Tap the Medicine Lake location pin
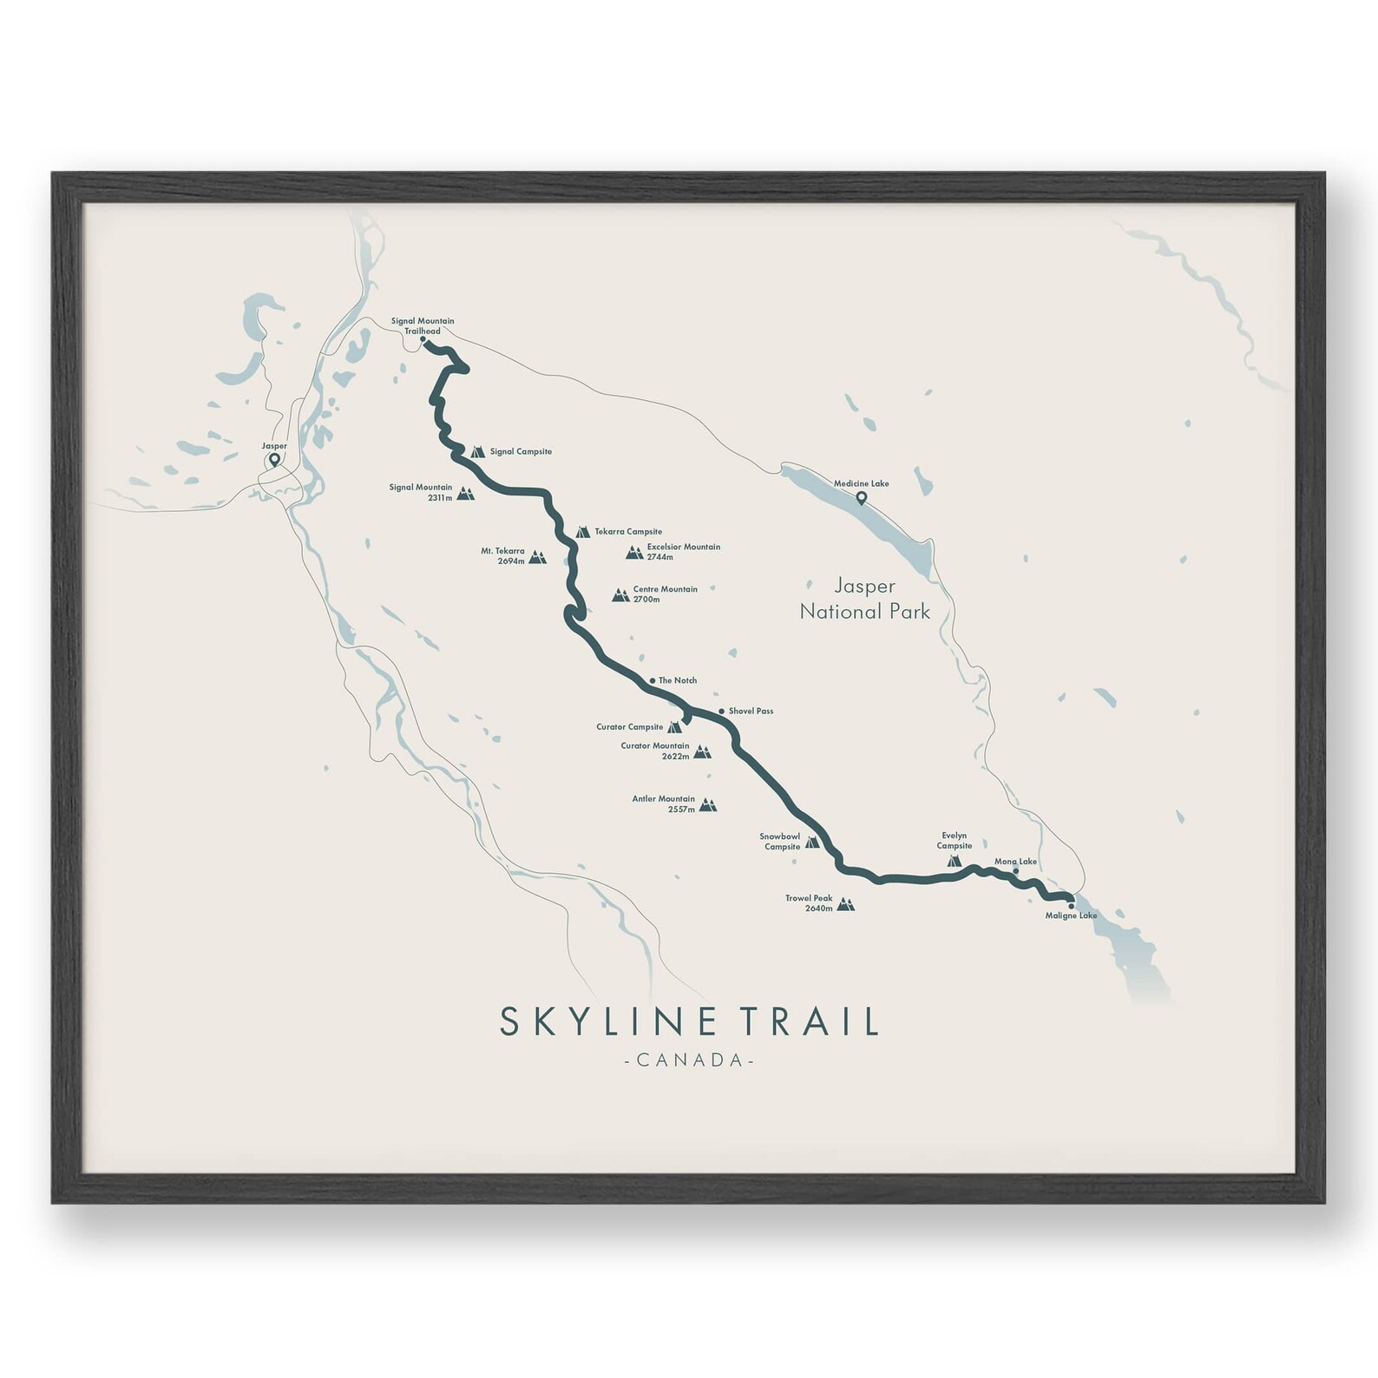(x=861, y=498)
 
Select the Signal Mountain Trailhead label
(x=422, y=326)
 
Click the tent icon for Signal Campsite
(x=477, y=451)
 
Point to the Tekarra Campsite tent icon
(x=582, y=531)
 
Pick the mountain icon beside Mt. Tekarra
(x=538, y=557)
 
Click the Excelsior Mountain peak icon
(x=634, y=552)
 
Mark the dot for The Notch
(x=652, y=680)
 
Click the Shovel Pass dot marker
(x=721, y=712)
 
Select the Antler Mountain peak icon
(x=708, y=805)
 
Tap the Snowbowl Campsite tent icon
(x=812, y=842)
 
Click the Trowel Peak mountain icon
(x=845, y=904)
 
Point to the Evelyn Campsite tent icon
(x=954, y=861)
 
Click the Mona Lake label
(x=1015, y=862)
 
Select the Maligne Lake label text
(x=1071, y=915)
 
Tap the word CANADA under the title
(x=689, y=1060)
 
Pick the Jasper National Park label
(x=864, y=599)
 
